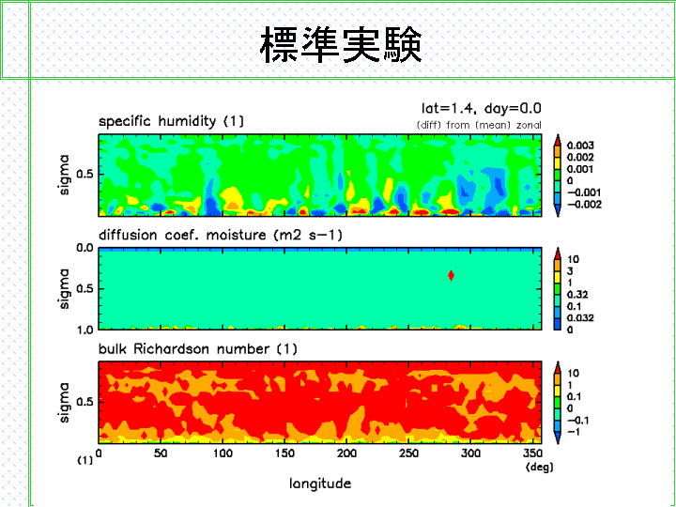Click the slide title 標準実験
coord(341,44)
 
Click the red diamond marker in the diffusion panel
coord(451,275)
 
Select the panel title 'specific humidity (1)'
coord(171,121)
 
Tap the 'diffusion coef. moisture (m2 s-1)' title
coord(221,235)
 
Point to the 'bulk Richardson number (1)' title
coord(198,348)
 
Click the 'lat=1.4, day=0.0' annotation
coord(481,108)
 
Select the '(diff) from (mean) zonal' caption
coord(479,125)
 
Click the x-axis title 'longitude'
coord(320,484)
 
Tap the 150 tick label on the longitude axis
coord(285,453)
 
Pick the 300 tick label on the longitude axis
coord(470,453)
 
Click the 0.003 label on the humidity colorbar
coord(580,146)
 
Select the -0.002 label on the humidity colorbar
coord(584,205)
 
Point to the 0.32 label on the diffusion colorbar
coord(577,295)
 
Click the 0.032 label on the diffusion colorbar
coord(580,318)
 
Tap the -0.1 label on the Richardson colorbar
coord(577,421)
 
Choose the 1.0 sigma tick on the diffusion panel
coord(84,330)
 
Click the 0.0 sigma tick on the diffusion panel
coord(84,248)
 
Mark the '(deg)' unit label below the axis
coord(539,467)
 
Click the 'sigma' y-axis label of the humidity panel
coord(64,175)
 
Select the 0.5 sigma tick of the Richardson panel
coord(84,402)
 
